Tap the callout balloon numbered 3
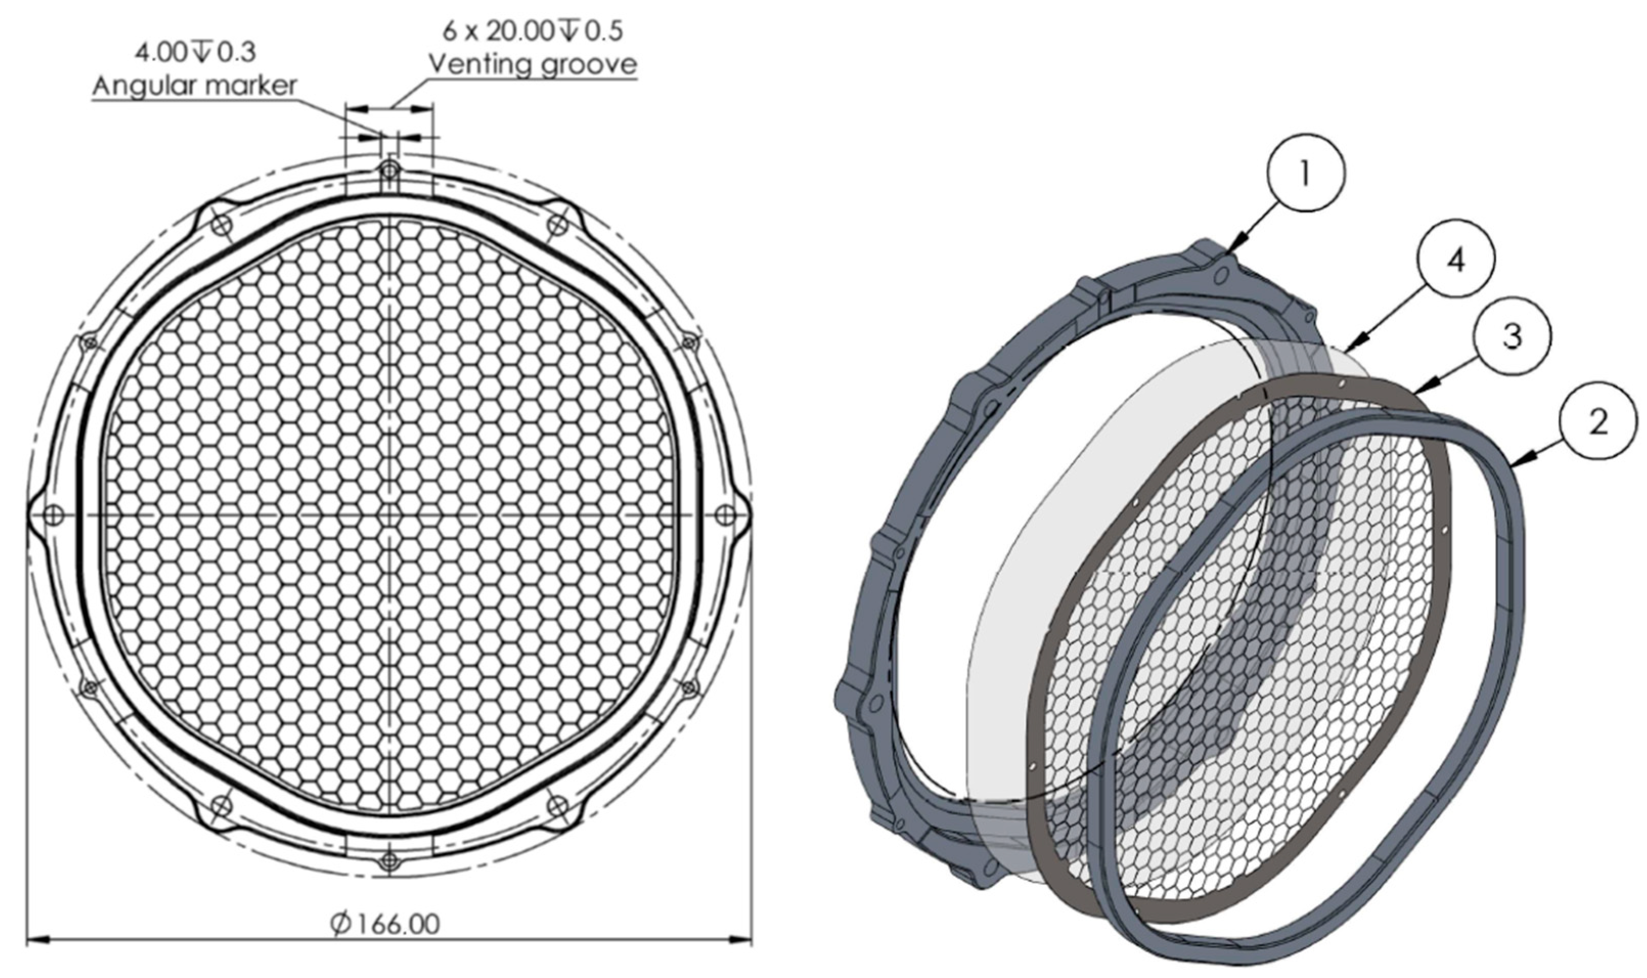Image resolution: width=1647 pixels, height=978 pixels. [x=1512, y=337]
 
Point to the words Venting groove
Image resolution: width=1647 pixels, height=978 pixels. [x=532, y=64]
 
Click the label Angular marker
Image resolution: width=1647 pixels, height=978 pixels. [x=194, y=85]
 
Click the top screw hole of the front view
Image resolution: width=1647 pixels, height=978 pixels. [x=389, y=171]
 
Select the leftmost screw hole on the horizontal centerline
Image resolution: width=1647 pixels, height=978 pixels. [x=54, y=515]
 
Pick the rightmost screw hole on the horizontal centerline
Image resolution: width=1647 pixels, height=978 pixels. [x=726, y=515]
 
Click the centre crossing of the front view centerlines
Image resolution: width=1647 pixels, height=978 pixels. [x=389, y=515]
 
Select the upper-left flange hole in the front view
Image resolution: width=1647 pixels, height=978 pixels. [x=222, y=225]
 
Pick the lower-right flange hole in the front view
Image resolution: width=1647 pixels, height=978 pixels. [x=557, y=805]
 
